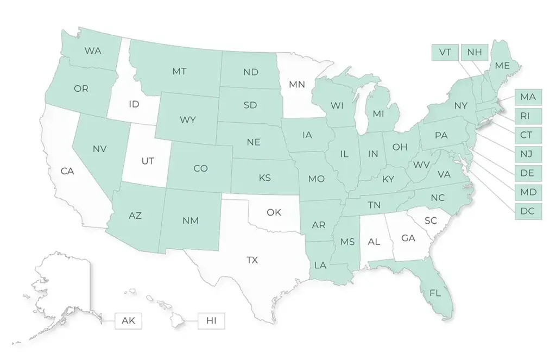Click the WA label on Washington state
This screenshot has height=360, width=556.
pyautogui.click(x=93, y=51)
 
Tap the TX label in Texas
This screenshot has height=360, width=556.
pyautogui.click(x=252, y=260)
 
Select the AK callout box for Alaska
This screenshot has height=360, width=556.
pyautogui.click(x=128, y=320)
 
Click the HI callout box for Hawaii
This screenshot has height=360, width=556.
pyautogui.click(x=211, y=320)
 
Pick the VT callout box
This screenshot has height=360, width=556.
pyautogui.click(x=445, y=52)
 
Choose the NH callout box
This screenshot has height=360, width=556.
pyautogui.click(x=474, y=52)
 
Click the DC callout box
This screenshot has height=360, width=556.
pyautogui.click(x=528, y=211)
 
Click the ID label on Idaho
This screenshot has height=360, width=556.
pyautogui.click(x=134, y=103)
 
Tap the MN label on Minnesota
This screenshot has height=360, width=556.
pyautogui.click(x=296, y=84)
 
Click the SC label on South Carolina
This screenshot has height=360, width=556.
pyautogui.click(x=431, y=220)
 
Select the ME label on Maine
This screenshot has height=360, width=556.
pyautogui.click(x=502, y=65)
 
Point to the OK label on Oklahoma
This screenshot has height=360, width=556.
pyautogui.click(x=274, y=212)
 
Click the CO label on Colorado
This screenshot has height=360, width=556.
pyautogui.click(x=200, y=168)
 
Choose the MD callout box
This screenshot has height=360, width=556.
pyautogui.click(x=528, y=192)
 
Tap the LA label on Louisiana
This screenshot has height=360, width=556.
pyautogui.click(x=319, y=266)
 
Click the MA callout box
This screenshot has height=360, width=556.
pyautogui.click(x=528, y=97)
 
